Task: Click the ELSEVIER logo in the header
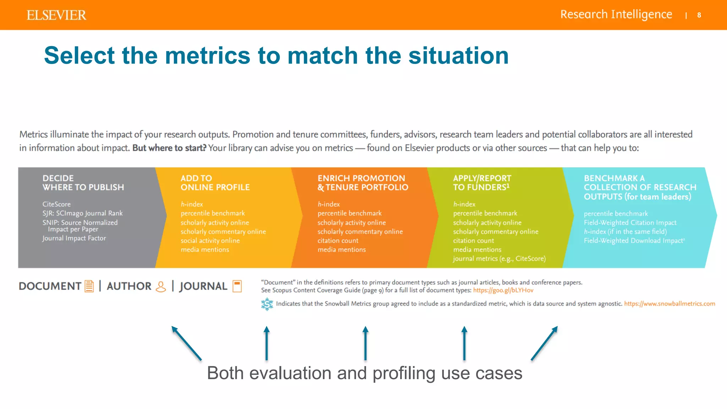[56, 15]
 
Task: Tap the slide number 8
[699, 15]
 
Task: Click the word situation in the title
[458, 56]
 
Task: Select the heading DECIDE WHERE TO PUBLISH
[83, 182]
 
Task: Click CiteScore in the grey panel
[56, 204]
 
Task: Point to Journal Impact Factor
[74, 238]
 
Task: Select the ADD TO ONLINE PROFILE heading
[215, 182]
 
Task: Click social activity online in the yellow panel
[210, 241]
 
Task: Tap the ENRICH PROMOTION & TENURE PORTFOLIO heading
[362, 182]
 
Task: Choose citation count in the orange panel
[338, 241]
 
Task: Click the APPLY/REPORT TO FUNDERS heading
[482, 182]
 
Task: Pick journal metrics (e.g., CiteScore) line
[499, 259]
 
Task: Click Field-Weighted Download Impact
[634, 241]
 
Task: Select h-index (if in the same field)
[625, 231]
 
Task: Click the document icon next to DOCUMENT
[89, 286]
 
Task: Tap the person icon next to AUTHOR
[161, 287]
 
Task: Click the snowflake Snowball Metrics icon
[267, 304]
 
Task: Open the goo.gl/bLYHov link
[503, 290]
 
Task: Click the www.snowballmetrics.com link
[669, 304]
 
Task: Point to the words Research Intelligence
[616, 15]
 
